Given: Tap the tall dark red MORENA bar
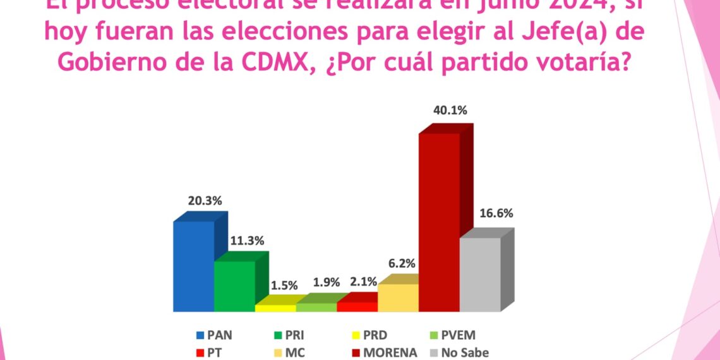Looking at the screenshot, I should [x=439, y=222].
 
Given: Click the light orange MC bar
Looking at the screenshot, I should [x=398, y=297].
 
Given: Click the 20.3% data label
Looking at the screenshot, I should [x=205, y=201].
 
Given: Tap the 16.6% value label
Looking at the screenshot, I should [x=496, y=213].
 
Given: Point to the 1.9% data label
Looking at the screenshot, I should [x=327, y=282].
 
